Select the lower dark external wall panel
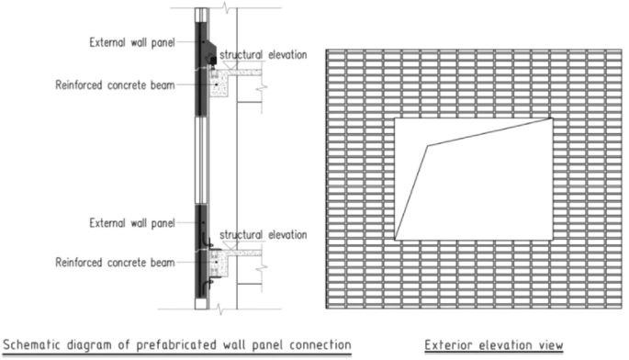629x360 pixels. pyautogui.click(x=200, y=248)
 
